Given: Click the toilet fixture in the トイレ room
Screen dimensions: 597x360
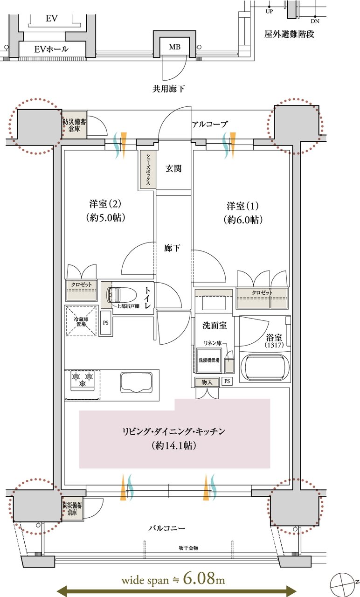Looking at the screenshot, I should (119, 295).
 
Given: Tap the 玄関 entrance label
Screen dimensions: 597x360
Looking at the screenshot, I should (173, 169).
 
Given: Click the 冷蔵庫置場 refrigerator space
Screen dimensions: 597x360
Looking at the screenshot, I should (82, 320).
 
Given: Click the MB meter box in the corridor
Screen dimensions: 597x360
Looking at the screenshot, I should (174, 47).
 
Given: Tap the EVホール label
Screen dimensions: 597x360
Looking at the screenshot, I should (51, 49).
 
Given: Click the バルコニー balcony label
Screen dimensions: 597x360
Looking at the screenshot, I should (167, 529).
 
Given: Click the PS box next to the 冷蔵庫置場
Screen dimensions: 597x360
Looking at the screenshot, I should (106, 322).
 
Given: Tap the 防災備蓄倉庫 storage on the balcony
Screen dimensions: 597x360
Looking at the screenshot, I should (73, 508).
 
